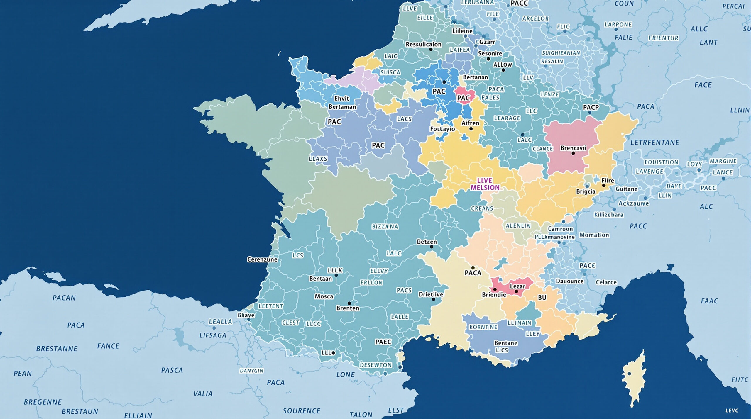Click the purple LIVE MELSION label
point(485,184)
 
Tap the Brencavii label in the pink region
point(573,148)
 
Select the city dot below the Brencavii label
point(573,153)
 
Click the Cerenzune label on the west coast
point(262,259)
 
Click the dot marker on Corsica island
point(629,374)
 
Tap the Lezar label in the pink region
point(517,286)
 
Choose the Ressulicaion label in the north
point(423,44)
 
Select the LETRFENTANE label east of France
point(655,143)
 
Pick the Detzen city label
point(427,242)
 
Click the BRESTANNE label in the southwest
point(57,349)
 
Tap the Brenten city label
point(348,308)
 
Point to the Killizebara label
point(609,215)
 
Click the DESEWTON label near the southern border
point(376,365)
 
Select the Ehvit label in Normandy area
point(341,99)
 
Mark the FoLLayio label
point(442,129)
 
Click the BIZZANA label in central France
point(385,227)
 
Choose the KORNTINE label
point(483,327)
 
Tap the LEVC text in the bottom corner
point(732,410)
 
